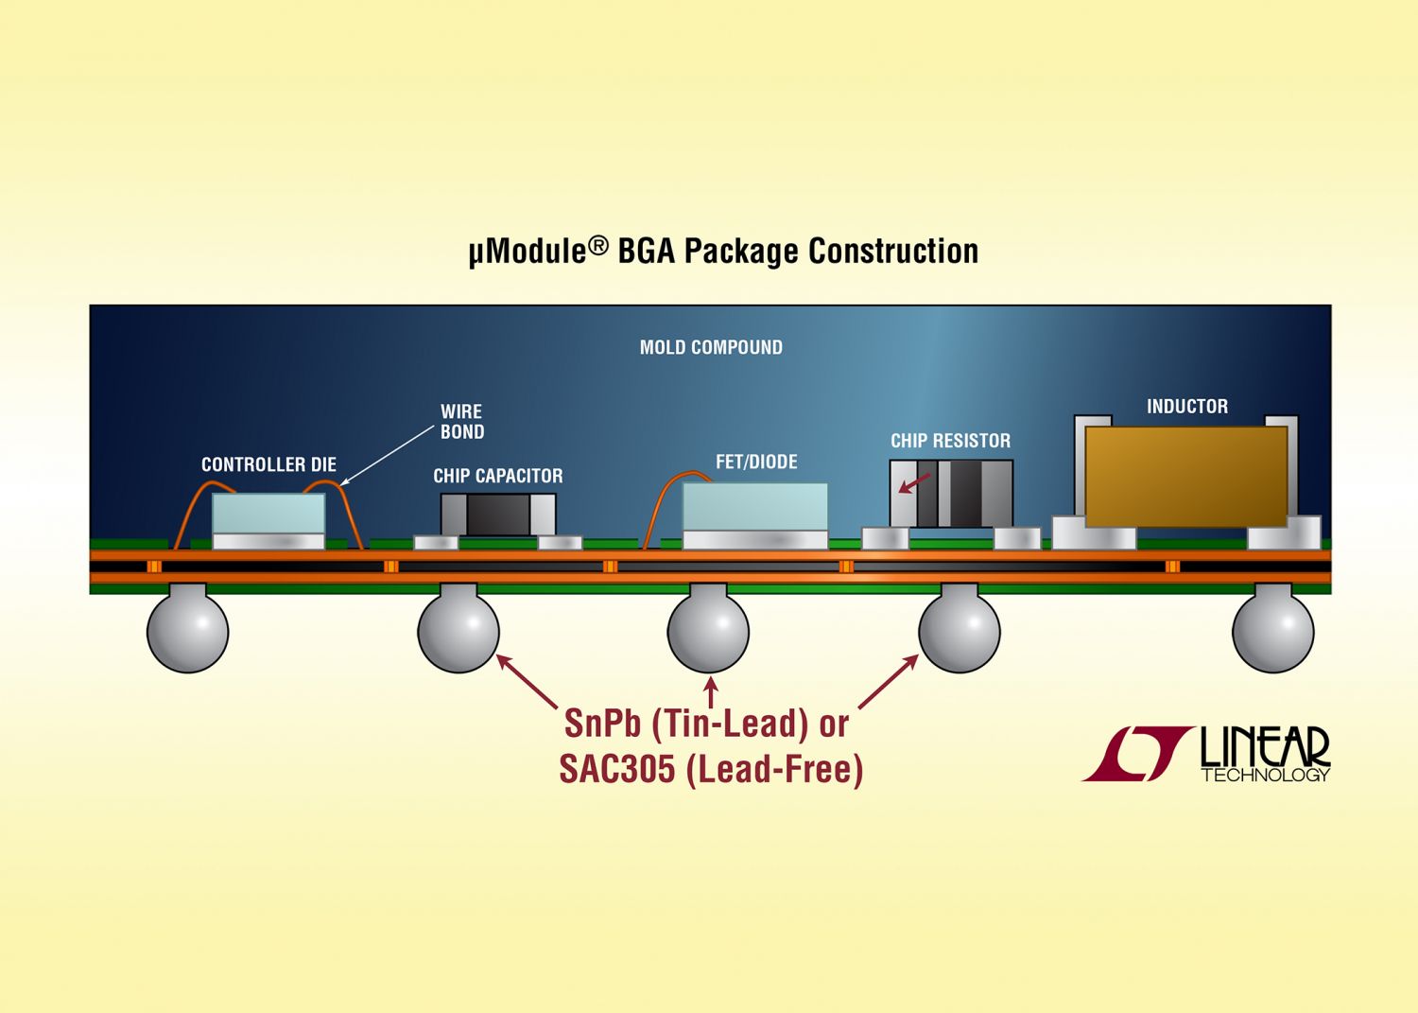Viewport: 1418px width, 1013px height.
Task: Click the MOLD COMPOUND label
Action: (x=711, y=347)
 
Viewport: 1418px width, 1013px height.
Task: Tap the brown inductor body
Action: (x=1186, y=477)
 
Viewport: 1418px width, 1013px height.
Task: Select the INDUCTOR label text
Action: (x=1187, y=406)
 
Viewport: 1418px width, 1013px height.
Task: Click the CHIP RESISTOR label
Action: (x=950, y=441)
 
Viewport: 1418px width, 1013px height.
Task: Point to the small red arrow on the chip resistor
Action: (x=915, y=482)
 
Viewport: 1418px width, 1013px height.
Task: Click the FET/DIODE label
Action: (x=756, y=462)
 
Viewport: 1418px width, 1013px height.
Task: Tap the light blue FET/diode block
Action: (x=754, y=507)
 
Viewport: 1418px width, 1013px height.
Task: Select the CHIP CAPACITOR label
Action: (x=497, y=476)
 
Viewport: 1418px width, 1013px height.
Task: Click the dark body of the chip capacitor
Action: (x=498, y=515)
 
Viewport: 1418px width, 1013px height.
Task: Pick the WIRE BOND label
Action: (x=462, y=422)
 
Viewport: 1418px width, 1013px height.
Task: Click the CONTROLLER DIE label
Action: (x=268, y=464)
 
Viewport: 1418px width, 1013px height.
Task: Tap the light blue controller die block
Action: (x=268, y=514)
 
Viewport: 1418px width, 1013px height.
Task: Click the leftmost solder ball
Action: (x=187, y=631)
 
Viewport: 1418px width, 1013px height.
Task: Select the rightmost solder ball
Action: (x=1273, y=631)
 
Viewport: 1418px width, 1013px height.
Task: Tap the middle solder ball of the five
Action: (x=708, y=631)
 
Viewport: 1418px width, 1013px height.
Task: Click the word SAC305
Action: (x=617, y=770)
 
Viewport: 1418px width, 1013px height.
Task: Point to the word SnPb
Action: (x=602, y=723)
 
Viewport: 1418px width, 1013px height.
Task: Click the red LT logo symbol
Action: (x=1137, y=754)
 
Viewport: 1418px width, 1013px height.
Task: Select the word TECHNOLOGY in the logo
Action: (x=1266, y=775)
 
